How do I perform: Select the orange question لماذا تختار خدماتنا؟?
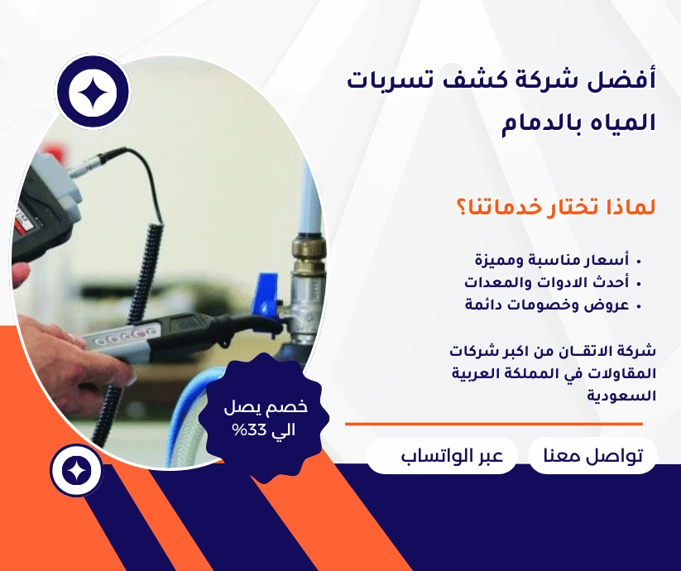tap(555, 205)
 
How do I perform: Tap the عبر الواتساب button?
tap(442, 456)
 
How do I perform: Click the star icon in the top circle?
tap(93, 92)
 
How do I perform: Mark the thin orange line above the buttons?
tap(493, 424)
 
